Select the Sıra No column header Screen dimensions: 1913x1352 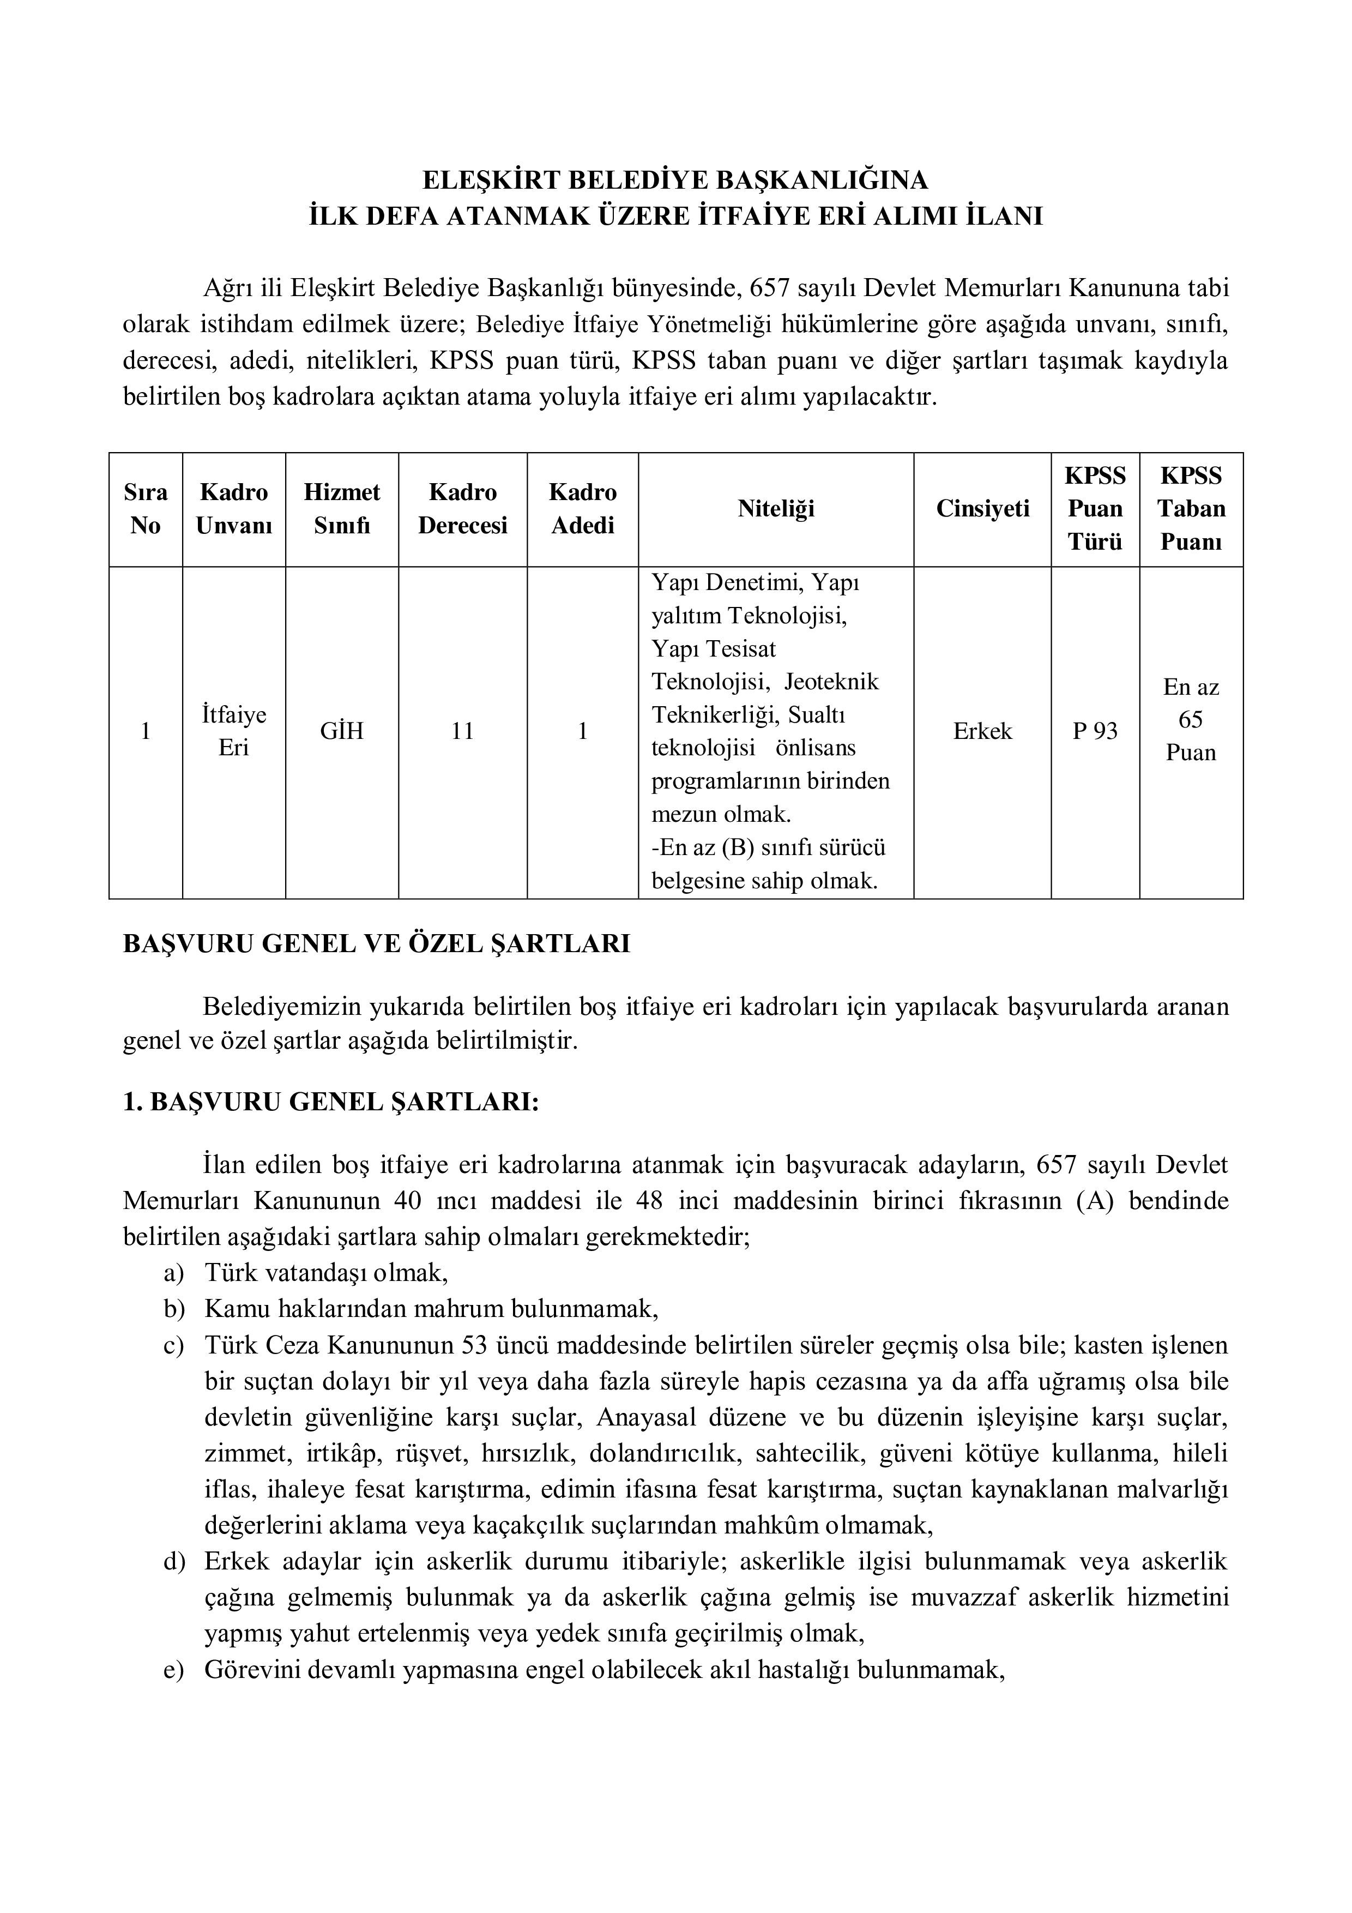point(146,509)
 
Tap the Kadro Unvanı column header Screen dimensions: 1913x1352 point(234,509)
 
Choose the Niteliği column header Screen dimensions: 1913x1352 point(776,509)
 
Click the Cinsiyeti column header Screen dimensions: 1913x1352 point(982,509)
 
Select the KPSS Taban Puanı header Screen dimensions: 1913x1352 point(1191,509)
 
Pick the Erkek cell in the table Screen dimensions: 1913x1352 point(982,731)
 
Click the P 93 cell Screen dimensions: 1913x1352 point(1095,731)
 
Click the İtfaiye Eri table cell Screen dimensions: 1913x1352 point(234,731)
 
